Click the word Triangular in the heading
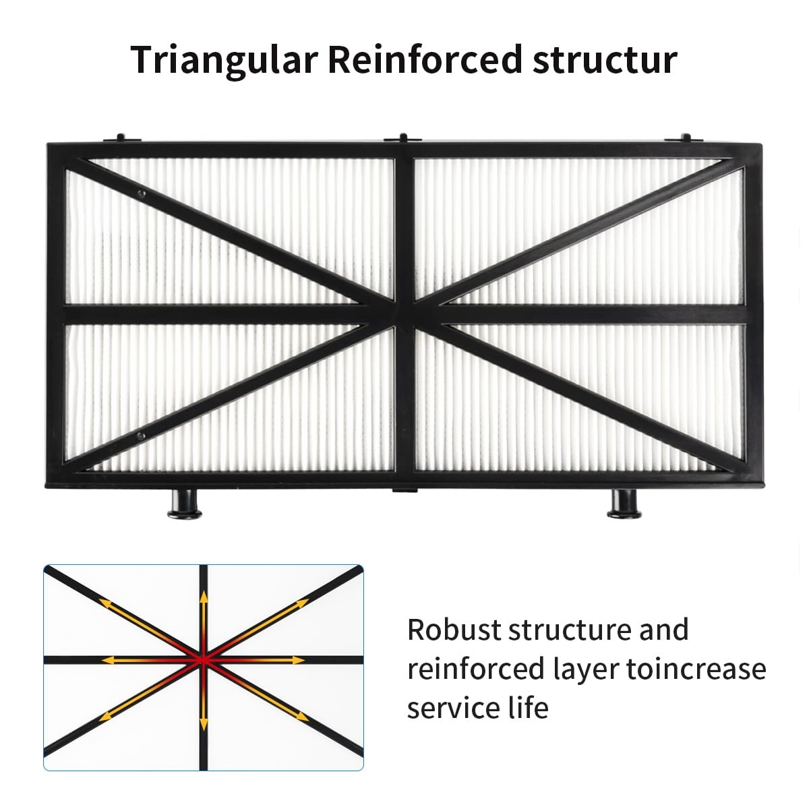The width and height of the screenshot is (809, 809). coord(223,60)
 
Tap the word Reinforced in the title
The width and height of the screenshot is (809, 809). coord(425,59)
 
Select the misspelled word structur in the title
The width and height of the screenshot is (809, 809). coord(605,60)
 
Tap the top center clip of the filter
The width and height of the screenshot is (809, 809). coord(403,139)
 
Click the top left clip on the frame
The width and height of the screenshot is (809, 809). coord(121,139)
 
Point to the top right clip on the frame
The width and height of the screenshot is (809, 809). coord(686,139)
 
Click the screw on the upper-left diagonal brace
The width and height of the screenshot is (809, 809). coord(142,194)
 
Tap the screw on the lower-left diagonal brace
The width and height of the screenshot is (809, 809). coord(141,436)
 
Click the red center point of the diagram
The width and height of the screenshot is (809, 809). coord(204,661)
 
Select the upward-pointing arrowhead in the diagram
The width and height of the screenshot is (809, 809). coord(204,596)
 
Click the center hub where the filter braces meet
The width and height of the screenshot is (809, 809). coord(404,313)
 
